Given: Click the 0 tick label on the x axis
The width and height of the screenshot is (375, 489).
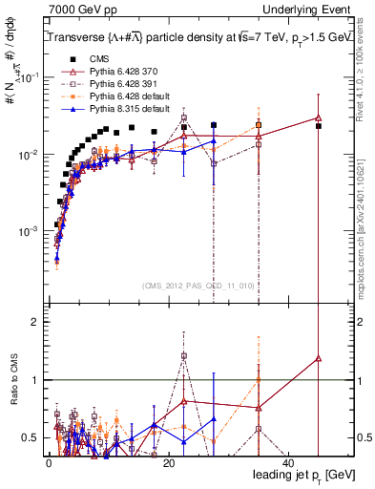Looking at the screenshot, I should coord(49,462).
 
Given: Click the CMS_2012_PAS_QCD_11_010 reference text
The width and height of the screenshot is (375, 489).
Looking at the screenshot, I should coord(198,285).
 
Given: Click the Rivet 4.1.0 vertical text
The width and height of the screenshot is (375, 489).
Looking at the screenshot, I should coord(365,67).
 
